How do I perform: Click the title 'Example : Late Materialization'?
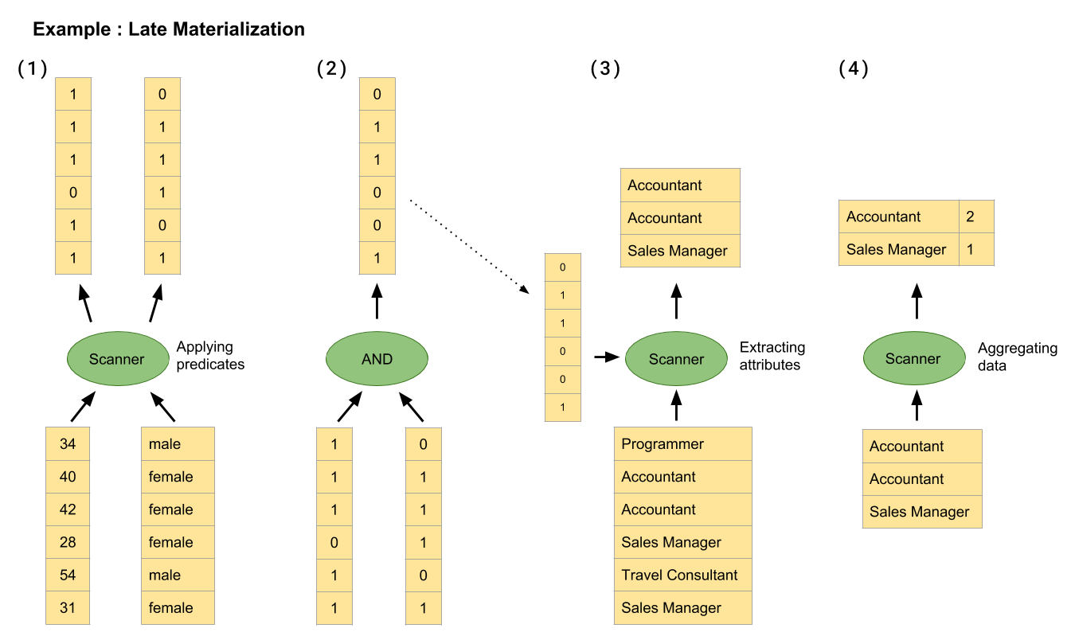[169, 30]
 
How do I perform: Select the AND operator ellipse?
[377, 359]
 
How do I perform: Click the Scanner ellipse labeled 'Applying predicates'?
[117, 359]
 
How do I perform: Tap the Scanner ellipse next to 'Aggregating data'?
[913, 359]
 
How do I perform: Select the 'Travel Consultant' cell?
[682, 575]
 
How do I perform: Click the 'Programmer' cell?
[682, 444]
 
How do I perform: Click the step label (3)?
[605, 68]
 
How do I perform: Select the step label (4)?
[854, 68]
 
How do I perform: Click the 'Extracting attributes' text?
[772, 356]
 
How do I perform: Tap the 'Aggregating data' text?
[1017, 357]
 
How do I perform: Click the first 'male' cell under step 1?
[178, 444]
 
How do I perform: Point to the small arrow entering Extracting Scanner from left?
[606, 358]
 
